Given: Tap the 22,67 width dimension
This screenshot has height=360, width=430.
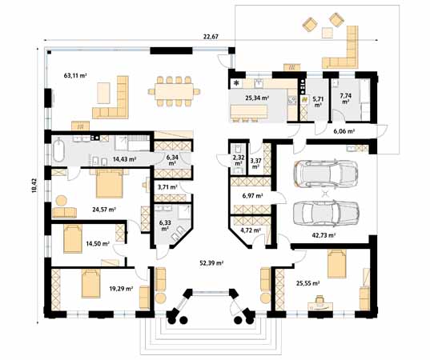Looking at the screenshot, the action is pos(211,37).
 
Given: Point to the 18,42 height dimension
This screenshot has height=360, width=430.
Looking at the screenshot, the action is pos(34,186).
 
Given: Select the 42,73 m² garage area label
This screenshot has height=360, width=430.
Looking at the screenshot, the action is pos(324,234).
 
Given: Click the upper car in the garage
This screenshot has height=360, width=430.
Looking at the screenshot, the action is pos(326,173).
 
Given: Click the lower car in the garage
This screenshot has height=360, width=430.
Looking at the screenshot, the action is pos(326,213).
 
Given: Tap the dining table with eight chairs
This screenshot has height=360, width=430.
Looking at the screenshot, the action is pos(174,91).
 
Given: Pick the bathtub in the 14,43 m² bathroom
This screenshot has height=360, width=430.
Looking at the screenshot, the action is pos(58,151).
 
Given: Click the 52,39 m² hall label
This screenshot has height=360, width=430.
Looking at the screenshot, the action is pos(211,263).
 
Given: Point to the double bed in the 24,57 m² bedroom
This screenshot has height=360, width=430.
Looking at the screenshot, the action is pos(110,183).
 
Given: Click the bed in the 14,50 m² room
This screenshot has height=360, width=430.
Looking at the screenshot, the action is pos(73,238).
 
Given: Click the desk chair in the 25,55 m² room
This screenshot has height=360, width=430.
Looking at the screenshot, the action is pos(319,299).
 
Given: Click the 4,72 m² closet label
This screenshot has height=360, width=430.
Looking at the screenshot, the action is pos(251,230).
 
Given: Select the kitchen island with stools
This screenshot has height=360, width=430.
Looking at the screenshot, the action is pos(249,113).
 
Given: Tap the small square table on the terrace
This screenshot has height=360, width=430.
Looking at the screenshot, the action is pos(328,33).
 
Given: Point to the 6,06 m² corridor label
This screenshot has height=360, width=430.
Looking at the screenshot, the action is pos(344,131).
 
